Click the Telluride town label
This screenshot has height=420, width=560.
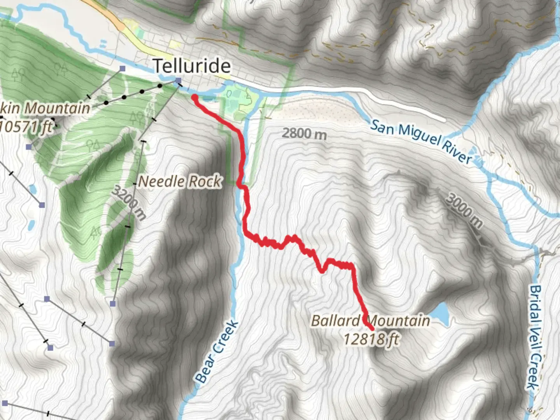192,66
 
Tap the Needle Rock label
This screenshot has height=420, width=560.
180,181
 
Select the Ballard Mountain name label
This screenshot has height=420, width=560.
370,321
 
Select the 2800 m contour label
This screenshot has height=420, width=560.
304,134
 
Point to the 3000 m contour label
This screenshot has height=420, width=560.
464,211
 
